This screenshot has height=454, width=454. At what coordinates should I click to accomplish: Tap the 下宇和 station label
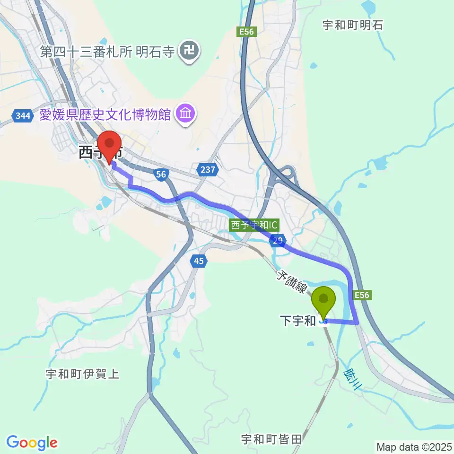pyautogui.click(x=298, y=321)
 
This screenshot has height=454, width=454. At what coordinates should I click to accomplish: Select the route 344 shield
pyautogui.click(x=23, y=116)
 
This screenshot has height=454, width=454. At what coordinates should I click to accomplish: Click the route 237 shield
pyautogui.click(x=207, y=169)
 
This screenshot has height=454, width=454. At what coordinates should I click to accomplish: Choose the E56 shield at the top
pyautogui.click(x=246, y=32)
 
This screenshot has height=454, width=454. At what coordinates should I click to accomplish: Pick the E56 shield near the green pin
pyautogui.click(x=362, y=295)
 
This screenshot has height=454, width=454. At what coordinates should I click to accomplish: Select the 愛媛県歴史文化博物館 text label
pyautogui.click(x=105, y=114)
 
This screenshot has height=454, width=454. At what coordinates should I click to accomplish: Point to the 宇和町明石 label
pyautogui.click(x=352, y=25)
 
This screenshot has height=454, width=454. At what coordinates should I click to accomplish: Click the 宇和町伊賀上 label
pyautogui.click(x=82, y=374)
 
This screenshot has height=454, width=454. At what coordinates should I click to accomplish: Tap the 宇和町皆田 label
pyautogui.click(x=271, y=439)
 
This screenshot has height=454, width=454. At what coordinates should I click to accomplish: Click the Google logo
pyautogui.click(x=32, y=442)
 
